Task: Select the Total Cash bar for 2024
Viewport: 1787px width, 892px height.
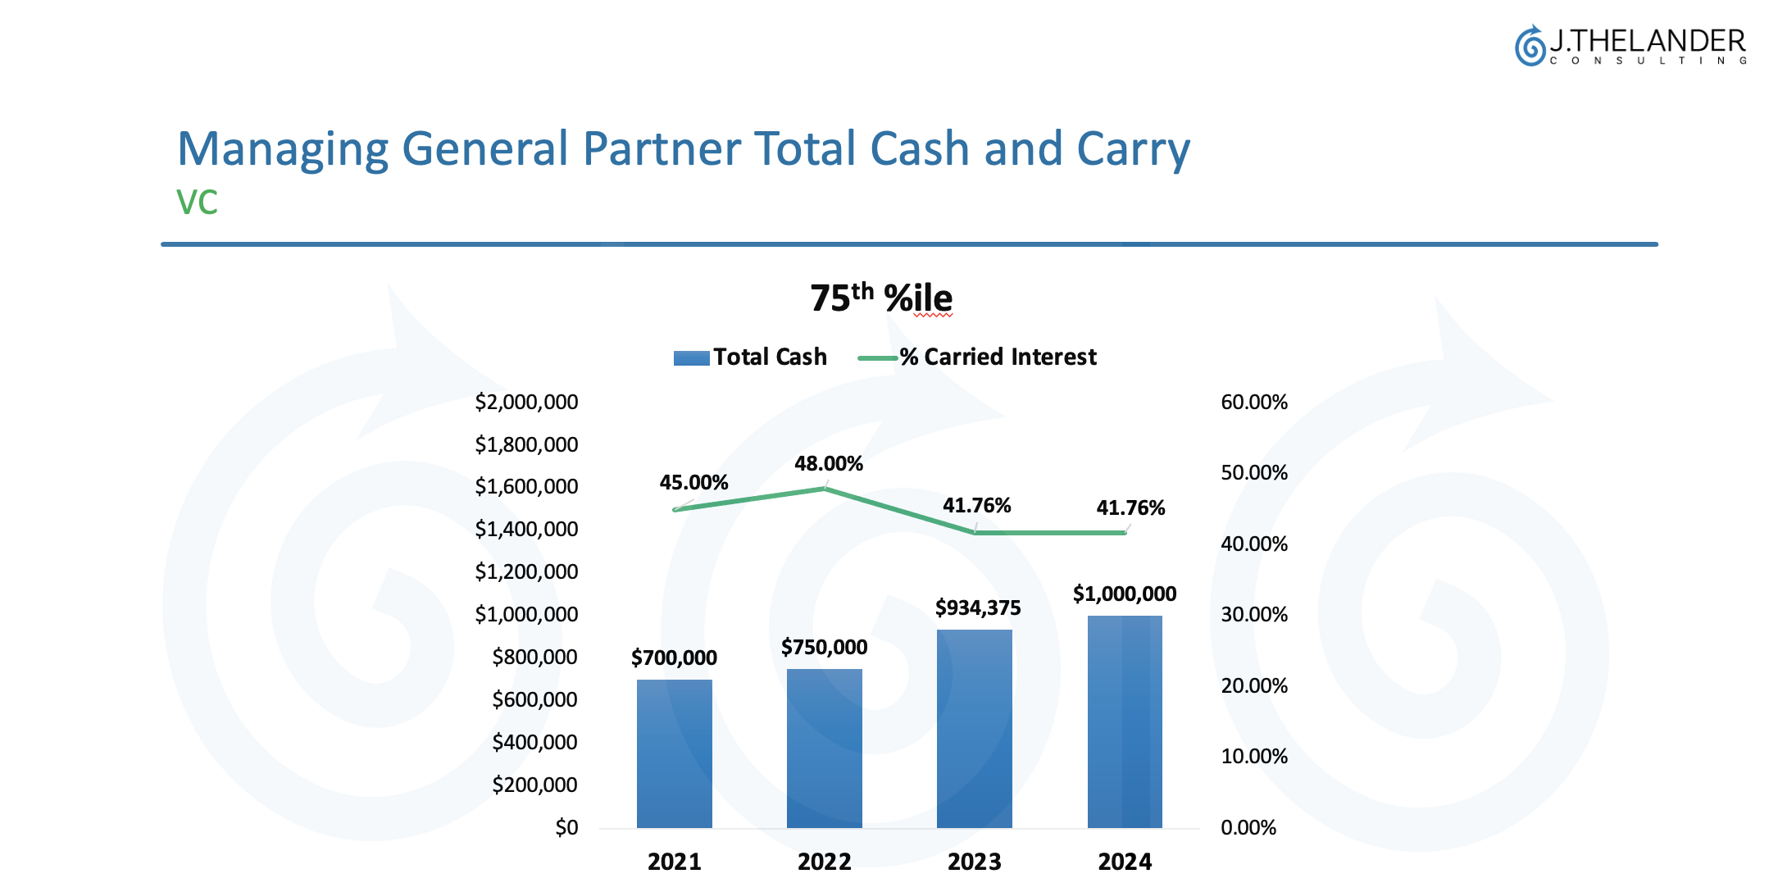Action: [1125, 721]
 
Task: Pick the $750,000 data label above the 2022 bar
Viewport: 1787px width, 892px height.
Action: [824, 647]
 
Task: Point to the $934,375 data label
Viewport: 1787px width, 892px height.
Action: [978, 608]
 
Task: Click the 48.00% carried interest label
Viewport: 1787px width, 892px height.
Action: [828, 463]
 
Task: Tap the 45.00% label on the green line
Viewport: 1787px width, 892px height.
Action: [693, 482]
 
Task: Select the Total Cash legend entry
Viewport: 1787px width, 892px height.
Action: [750, 357]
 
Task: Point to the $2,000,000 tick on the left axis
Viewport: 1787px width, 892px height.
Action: [526, 402]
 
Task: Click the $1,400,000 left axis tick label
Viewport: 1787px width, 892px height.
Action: [526, 529]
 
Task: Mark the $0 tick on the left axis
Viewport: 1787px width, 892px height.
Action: [566, 827]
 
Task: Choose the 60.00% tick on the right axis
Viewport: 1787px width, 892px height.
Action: [1253, 402]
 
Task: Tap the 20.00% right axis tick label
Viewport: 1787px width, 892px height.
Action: [1253, 685]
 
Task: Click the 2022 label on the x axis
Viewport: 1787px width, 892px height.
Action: [824, 862]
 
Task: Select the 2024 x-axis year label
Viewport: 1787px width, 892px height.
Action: [1125, 862]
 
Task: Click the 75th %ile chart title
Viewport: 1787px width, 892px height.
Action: [881, 298]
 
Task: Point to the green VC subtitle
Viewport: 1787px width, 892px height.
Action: [197, 203]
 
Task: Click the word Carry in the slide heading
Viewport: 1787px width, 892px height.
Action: [1132, 149]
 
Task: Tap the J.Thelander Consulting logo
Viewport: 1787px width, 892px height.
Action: [1630, 46]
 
